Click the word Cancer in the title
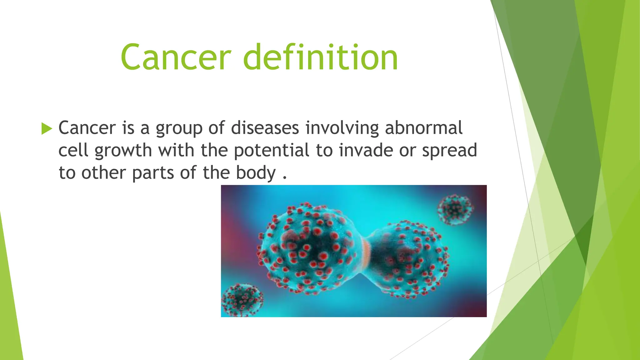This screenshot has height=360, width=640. pyautogui.click(x=176, y=57)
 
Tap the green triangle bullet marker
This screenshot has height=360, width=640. pyautogui.click(x=47, y=128)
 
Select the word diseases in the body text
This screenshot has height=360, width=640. pyautogui.click(x=265, y=128)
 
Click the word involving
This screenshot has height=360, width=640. pyautogui.click(x=342, y=128)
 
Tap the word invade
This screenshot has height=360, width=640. pyautogui.click(x=366, y=150)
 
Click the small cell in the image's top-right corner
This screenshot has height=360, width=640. pyautogui.click(x=455, y=209)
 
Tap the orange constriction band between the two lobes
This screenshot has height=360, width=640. pyautogui.click(x=366, y=253)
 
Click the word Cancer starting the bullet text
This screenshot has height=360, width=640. pyautogui.click(x=87, y=128)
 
